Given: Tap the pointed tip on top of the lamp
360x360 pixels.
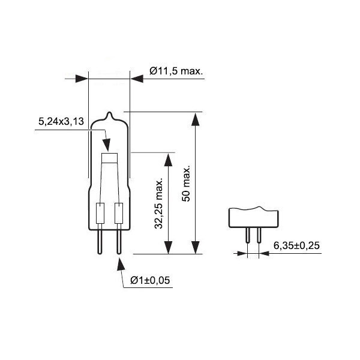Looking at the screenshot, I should pos(109,114).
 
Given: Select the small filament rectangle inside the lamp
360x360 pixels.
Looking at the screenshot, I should pos(109,158).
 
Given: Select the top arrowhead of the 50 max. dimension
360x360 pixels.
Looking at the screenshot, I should pos(194,118).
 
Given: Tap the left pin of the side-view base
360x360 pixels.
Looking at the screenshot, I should pos(248,235).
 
